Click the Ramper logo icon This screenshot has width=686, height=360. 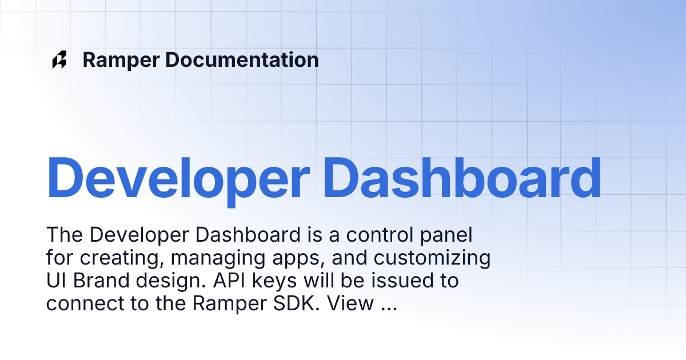point(59,60)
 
